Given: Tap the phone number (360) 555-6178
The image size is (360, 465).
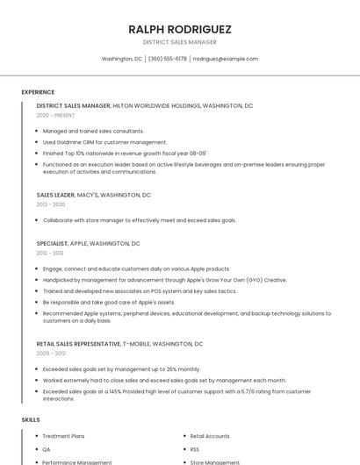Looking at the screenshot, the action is pos(167,59).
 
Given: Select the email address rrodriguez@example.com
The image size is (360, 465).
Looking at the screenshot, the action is pos(226,59).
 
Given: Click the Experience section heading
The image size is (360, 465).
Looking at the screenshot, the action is pos(38,91).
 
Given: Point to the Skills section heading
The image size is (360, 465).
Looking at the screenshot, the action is pos(31,419).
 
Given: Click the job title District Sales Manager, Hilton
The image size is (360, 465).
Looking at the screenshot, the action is pos(145,105).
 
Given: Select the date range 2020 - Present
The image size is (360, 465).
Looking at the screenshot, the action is pos(55,115).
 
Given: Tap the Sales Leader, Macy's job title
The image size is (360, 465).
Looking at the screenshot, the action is pos(94,195).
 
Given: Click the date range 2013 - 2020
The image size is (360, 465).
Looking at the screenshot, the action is pos(51,204).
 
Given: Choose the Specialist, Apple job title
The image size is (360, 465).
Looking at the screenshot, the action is pos(88,243).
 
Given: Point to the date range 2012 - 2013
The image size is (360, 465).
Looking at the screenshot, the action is pos(50,253).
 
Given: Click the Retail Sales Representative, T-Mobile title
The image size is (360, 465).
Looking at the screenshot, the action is pos(119,344).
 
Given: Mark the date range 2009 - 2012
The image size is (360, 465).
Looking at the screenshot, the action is pos(50,354).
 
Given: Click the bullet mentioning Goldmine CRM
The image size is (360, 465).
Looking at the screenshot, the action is pos(104,141).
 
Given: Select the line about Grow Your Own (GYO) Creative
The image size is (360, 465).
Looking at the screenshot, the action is pos(165,280).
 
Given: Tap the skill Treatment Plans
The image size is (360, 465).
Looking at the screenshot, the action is pos(64,436).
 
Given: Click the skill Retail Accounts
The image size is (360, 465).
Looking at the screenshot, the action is pos(210,436).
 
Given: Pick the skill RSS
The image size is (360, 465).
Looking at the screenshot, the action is pos(195,449).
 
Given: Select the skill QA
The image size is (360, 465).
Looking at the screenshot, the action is pos(47,449).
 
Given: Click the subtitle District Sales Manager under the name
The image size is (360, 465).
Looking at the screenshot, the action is pos(180,41).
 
